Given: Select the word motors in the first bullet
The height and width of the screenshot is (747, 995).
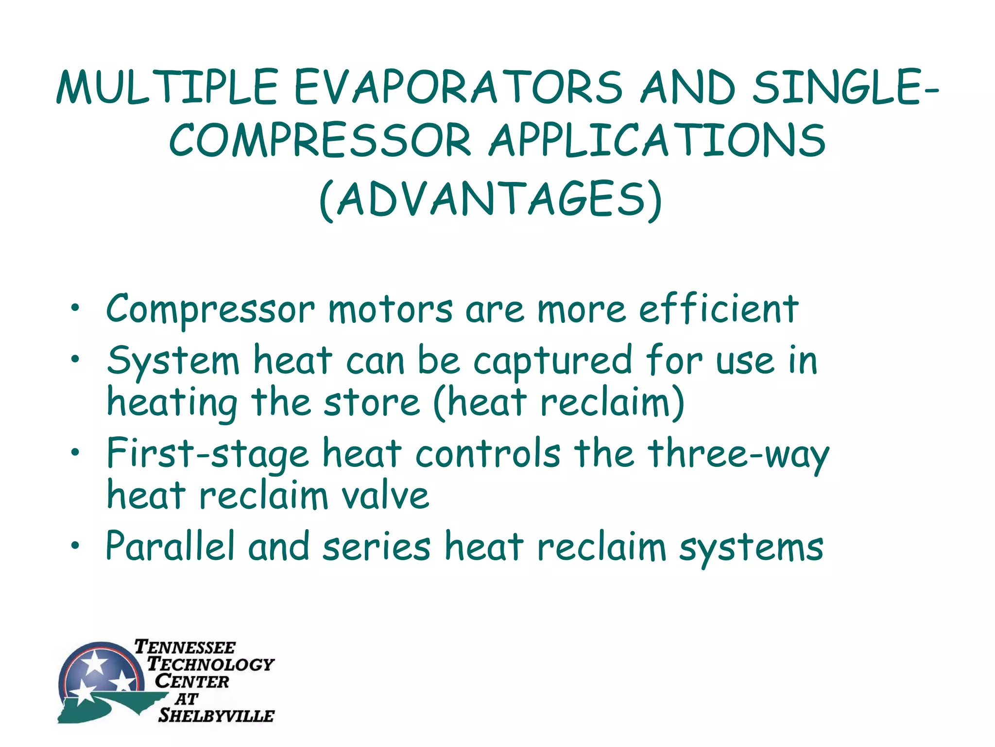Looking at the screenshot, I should [390, 310].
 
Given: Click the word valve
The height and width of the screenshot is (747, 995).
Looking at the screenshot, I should [385, 496].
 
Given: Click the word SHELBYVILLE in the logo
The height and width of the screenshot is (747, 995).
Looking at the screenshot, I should [216, 715].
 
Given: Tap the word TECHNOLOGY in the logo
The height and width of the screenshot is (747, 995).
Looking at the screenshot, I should [211, 664].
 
